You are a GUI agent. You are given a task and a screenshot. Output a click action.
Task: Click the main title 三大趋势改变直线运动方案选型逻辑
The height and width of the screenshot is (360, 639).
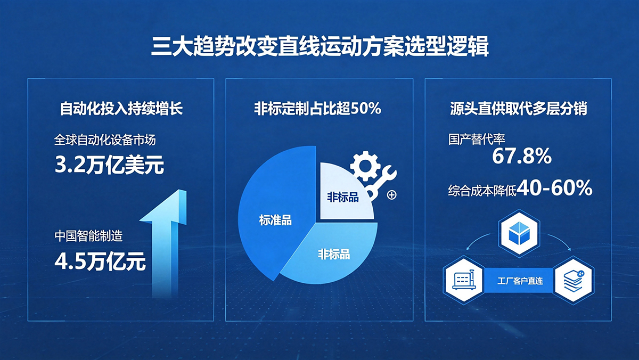click(319, 46)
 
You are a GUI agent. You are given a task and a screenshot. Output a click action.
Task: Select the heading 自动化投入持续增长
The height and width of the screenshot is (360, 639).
click(121, 109)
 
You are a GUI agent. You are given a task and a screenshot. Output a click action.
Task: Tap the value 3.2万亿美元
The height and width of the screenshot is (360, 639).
click(109, 165)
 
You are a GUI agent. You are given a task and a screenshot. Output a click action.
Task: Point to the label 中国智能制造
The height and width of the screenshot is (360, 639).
click(88, 236)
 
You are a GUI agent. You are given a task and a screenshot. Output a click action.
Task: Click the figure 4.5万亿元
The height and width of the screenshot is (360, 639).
click(100, 261)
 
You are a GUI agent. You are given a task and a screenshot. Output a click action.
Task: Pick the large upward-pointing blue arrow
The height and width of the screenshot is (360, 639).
click(166, 242)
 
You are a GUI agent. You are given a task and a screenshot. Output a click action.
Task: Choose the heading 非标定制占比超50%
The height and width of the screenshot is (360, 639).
click(317, 109)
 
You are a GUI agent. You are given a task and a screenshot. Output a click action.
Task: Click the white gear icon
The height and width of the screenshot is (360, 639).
click(365, 166)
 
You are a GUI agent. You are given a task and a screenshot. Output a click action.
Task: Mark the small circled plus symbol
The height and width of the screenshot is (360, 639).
click(392, 195)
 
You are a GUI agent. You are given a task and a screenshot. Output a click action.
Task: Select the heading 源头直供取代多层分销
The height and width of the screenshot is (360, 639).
click(518, 109)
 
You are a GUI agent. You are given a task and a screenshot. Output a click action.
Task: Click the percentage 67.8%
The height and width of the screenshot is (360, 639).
click(522, 157)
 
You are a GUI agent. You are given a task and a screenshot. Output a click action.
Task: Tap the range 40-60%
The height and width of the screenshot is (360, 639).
click(554, 188)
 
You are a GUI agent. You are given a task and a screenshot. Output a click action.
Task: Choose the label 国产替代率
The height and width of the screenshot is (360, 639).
click(477, 139)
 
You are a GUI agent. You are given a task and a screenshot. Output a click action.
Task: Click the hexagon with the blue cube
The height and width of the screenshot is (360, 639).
click(519, 234)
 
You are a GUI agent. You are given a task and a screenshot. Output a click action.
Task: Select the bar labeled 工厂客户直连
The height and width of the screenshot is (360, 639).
click(520, 281)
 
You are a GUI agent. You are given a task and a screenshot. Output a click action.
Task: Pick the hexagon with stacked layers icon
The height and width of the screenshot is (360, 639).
click(574, 280)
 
